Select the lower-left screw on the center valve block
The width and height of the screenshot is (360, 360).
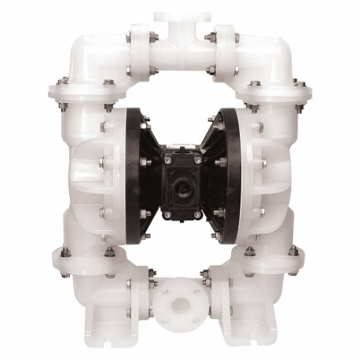(166, 214)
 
